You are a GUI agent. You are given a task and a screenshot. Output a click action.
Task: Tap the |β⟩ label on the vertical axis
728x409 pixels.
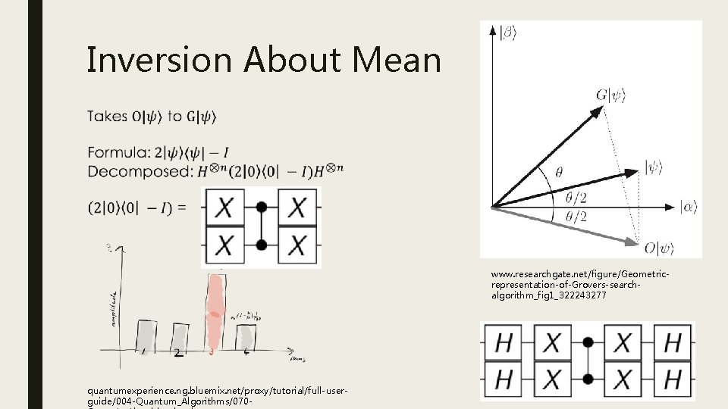click(x=508, y=31)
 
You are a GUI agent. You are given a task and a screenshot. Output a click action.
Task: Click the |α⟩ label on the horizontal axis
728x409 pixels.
click(x=689, y=206)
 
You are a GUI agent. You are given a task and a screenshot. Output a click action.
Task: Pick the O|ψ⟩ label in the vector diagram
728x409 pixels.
click(x=659, y=247)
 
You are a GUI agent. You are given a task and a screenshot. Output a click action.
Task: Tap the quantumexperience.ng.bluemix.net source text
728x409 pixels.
click(x=217, y=391)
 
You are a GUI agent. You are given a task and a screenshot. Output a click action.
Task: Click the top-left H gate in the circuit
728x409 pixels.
click(x=504, y=342)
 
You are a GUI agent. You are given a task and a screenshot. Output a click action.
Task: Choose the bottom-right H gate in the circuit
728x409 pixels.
click(x=672, y=378)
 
